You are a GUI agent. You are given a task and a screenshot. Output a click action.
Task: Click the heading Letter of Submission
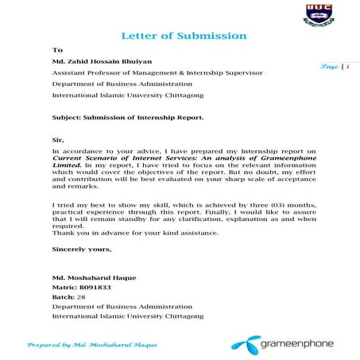[184, 37]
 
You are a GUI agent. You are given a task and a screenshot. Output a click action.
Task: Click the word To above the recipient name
[56, 50]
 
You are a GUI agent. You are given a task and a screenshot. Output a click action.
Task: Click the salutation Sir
[58, 138]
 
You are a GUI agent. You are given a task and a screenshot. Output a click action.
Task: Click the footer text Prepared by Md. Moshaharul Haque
[93, 346]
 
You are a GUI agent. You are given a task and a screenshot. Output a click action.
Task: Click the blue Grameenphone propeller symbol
[242, 344]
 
